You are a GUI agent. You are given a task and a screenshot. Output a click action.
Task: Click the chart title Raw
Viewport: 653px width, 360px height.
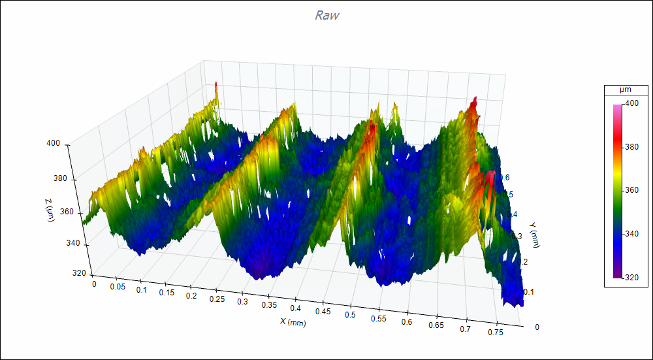pyautogui.click(x=326, y=15)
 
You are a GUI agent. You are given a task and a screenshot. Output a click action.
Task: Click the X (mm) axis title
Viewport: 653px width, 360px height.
pyautogui.click(x=293, y=321)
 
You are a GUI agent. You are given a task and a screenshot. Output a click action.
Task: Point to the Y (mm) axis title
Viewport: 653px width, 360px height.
pyautogui.click(x=535, y=235)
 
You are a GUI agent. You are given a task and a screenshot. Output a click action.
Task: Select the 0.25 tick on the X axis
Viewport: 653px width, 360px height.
pyautogui.click(x=214, y=299)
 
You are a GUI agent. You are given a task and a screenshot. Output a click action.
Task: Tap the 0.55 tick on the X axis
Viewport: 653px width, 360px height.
pyautogui.click(x=377, y=318)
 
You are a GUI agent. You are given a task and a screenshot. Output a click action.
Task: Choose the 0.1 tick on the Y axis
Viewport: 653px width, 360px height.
pyautogui.click(x=528, y=292)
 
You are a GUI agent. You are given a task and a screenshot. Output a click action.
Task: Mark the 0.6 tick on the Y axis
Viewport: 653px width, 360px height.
pyautogui.click(x=505, y=178)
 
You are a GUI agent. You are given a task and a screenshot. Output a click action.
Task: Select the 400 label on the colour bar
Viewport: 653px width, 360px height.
pyautogui.click(x=631, y=103)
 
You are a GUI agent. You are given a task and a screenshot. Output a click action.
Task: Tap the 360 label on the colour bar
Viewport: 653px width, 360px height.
pyautogui.click(x=631, y=190)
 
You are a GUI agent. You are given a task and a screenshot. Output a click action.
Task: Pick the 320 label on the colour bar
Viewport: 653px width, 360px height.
pyautogui.click(x=631, y=277)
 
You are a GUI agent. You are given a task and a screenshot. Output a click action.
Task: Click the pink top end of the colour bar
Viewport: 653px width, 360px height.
pyautogui.click(x=617, y=107)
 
